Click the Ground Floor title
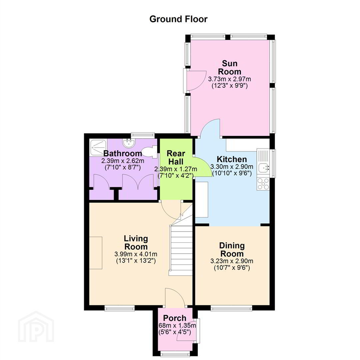[178, 19]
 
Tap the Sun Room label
[229, 67]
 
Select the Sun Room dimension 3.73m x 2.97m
[229, 79]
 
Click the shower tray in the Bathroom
[98, 147]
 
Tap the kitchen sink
[263, 167]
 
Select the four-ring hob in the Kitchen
[263, 184]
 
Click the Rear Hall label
[176, 157]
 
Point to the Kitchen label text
[232, 159]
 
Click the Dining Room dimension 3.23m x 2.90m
[232, 261]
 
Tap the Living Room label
[136, 242]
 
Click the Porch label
[174, 318]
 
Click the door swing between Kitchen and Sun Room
[210, 128]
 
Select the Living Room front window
[120, 308]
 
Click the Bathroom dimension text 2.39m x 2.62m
[123, 160]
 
